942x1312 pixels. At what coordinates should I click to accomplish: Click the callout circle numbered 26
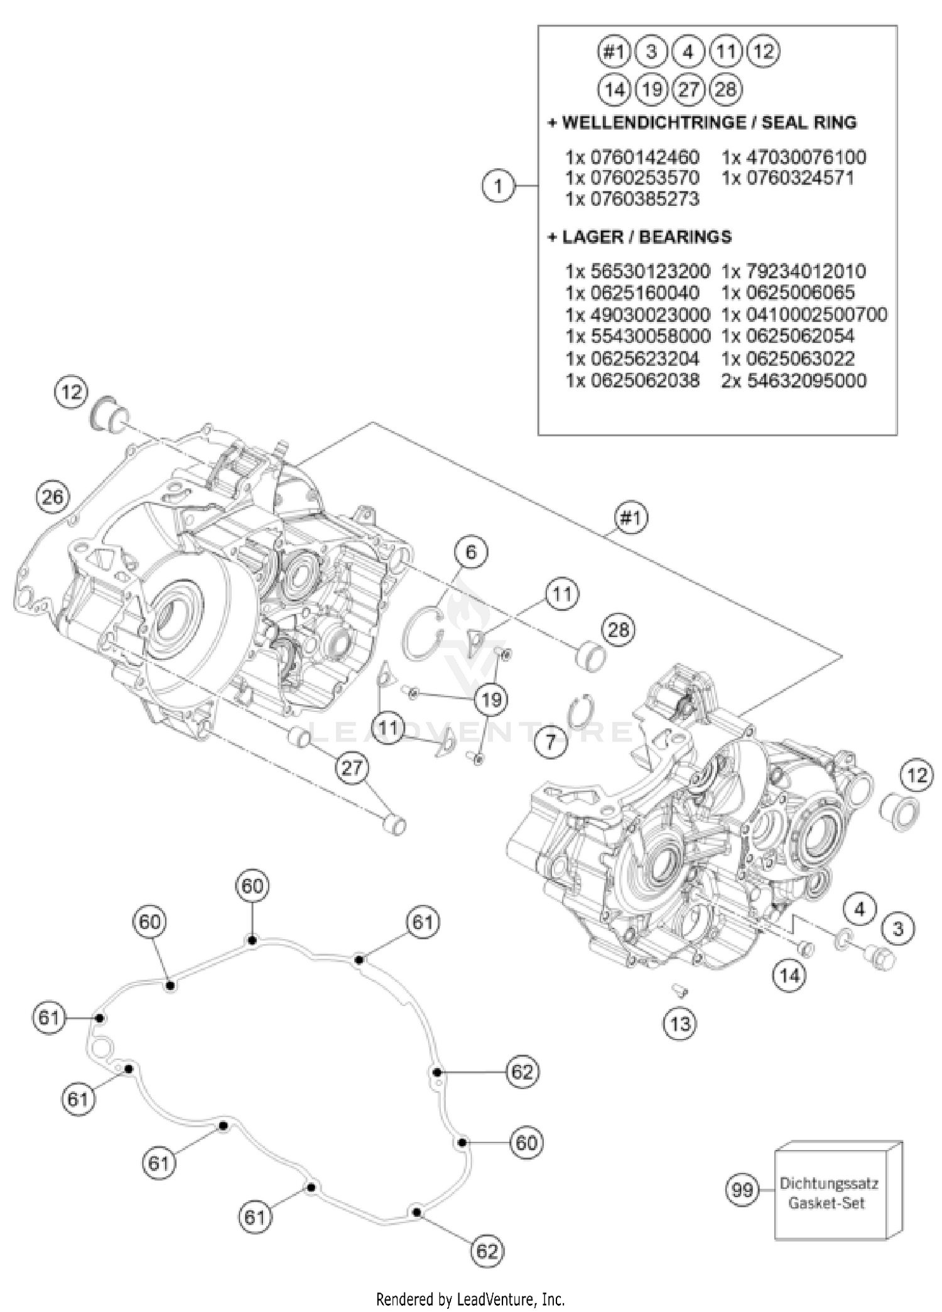(x=52, y=497)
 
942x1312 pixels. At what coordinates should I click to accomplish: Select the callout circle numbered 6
(x=471, y=552)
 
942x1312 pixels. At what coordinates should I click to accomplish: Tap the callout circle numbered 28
(x=618, y=628)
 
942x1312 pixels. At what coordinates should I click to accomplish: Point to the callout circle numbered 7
(x=551, y=743)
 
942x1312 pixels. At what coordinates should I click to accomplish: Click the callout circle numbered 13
(x=679, y=1024)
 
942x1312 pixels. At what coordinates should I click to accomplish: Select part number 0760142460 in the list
(x=632, y=156)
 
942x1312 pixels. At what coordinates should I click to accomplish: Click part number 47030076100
(x=794, y=156)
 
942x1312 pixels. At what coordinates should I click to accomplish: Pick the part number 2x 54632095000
(x=794, y=380)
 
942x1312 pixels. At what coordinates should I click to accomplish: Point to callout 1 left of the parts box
(x=498, y=186)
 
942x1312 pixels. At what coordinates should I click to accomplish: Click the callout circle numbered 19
(x=491, y=699)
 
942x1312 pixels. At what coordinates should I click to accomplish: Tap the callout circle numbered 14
(x=789, y=975)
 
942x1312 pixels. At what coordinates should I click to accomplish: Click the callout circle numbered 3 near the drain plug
(x=898, y=928)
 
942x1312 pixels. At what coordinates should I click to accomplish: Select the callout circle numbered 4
(x=860, y=908)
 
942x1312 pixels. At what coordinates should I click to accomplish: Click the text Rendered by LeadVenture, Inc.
(x=470, y=1299)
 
